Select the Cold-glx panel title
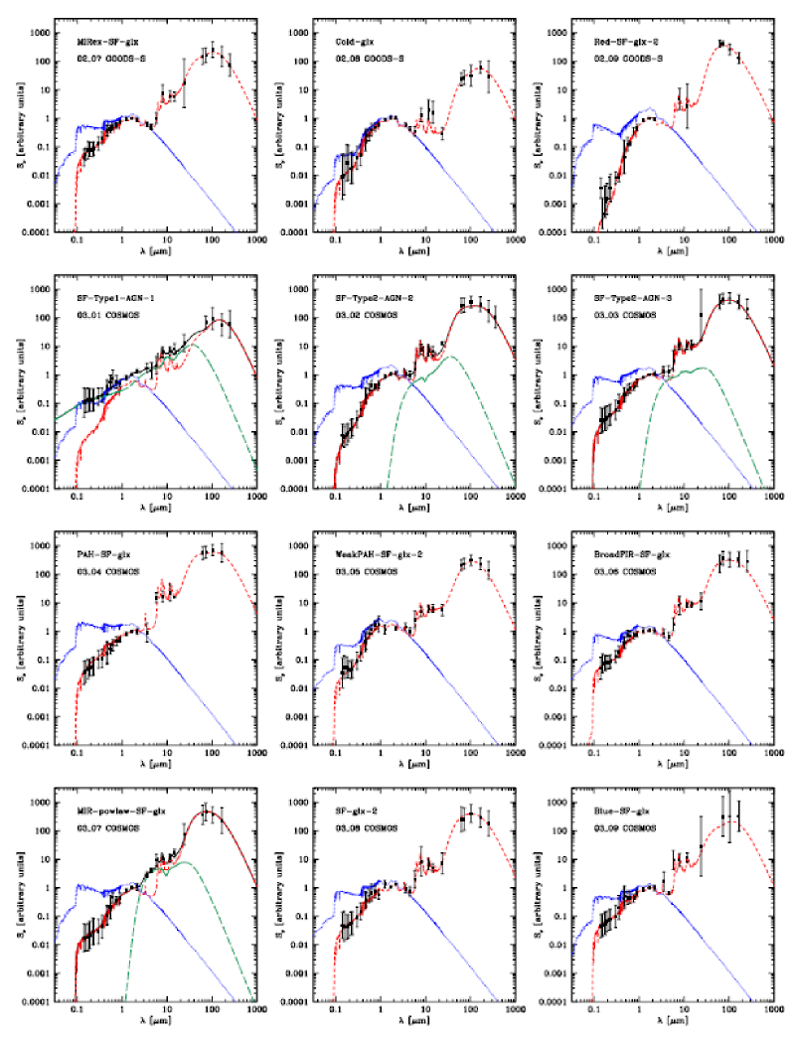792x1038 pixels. [354, 43]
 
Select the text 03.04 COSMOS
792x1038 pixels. [110, 573]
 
